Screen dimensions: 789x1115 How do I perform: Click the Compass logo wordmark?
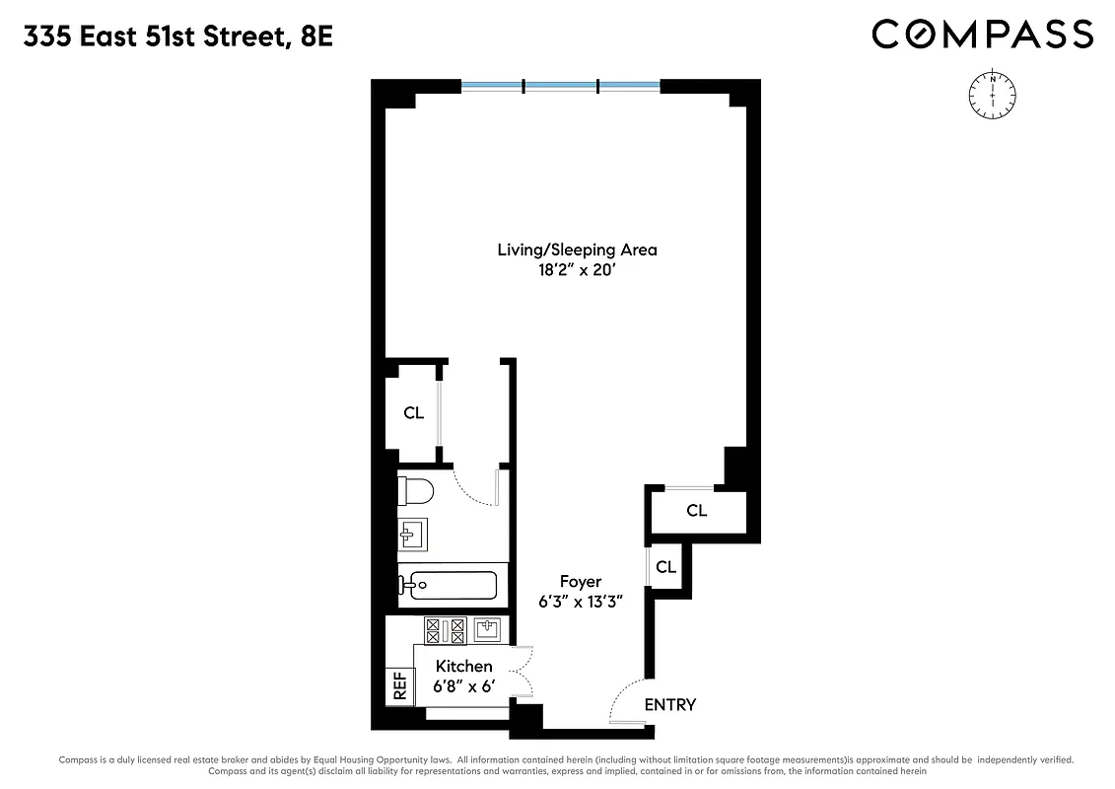click(982, 35)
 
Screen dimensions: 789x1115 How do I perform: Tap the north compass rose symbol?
click(993, 95)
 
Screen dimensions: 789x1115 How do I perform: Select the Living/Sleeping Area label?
click(577, 250)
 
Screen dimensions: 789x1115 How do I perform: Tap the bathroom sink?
click(414, 535)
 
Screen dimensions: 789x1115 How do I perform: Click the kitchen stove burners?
click(445, 629)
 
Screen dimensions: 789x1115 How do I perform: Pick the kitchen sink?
click(487, 628)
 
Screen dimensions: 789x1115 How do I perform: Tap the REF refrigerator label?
click(400, 686)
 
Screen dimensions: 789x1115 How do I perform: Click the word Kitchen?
click(463, 667)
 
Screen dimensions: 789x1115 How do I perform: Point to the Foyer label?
click(581, 582)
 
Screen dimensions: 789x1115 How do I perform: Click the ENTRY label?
click(670, 704)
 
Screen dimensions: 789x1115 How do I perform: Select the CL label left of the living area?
click(414, 413)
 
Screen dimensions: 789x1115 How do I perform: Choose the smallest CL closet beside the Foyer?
click(666, 567)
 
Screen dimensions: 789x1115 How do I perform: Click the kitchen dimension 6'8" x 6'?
click(463, 686)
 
